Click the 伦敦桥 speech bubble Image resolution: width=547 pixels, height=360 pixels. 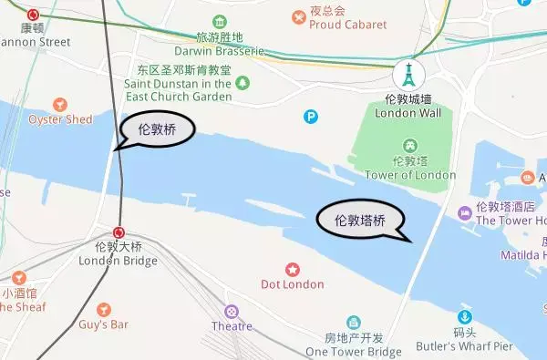(x=156, y=130)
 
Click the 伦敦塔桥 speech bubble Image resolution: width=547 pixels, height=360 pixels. (x=360, y=221)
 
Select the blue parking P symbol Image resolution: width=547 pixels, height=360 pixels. (x=312, y=116)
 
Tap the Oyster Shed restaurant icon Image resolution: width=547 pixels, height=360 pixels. (x=60, y=105)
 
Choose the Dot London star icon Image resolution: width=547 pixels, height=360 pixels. (x=293, y=269)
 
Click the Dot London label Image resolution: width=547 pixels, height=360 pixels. (x=293, y=284)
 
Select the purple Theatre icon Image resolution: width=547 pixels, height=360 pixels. (x=232, y=311)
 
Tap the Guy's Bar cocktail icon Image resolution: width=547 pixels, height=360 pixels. (x=103, y=309)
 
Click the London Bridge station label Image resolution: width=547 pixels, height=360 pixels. (x=119, y=254)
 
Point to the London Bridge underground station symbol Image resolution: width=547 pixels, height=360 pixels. (x=119, y=232)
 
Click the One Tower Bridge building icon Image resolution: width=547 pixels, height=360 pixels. (x=354, y=322)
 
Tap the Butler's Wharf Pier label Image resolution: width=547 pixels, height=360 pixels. (x=465, y=346)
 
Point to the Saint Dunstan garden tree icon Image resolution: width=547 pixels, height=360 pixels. (x=243, y=84)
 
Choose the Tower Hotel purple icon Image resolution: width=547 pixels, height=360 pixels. (x=465, y=213)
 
